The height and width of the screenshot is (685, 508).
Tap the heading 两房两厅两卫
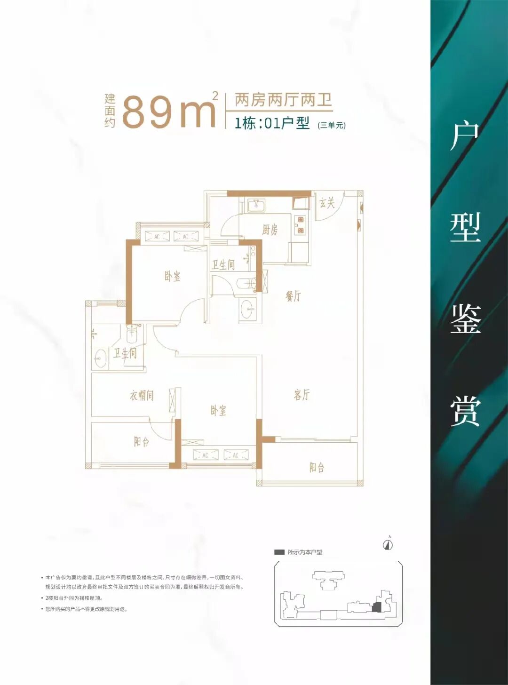click(x=283, y=100)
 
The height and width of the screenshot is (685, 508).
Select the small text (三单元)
click(x=332, y=125)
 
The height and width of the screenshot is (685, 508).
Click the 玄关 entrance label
click(x=327, y=203)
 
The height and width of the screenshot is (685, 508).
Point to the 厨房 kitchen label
click(x=270, y=230)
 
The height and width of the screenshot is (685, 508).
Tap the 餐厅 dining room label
click(x=293, y=295)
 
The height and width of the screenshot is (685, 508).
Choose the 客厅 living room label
click(x=302, y=394)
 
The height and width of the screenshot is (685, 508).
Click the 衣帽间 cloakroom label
click(x=142, y=395)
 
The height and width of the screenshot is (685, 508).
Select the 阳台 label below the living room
click(x=317, y=467)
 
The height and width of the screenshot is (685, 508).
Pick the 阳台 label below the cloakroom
click(x=141, y=441)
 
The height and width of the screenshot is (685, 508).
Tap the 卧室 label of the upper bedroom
click(x=172, y=276)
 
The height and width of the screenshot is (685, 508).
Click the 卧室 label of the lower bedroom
click(x=218, y=410)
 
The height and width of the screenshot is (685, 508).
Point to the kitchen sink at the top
click(x=256, y=205)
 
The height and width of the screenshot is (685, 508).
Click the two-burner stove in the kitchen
click(x=300, y=225)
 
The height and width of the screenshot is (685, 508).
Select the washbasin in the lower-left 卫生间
click(x=100, y=358)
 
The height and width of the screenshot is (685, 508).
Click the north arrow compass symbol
click(x=388, y=544)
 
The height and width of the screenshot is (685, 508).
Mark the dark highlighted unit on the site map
click(x=376, y=607)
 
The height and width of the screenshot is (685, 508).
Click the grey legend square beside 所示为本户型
click(x=279, y=552)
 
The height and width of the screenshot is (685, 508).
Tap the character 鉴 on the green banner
click(x=465, y=319)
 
